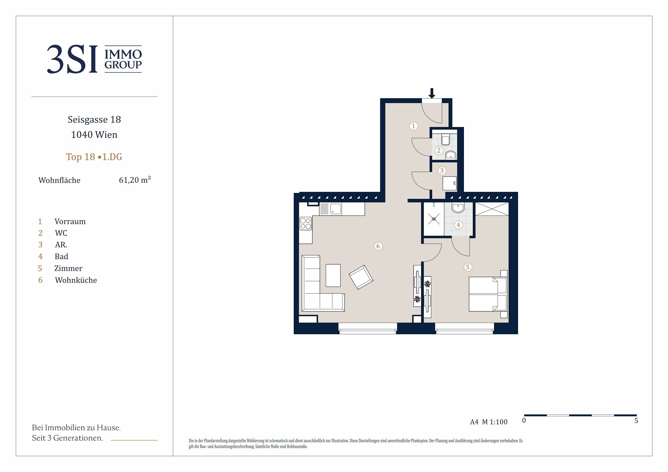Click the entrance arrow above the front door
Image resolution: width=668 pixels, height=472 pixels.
coord(432,93)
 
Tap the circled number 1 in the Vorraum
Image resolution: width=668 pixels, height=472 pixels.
coord(413,126)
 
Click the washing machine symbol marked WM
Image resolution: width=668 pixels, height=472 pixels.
coord(449,184)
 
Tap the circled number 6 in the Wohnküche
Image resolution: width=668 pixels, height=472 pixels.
coord(378,246)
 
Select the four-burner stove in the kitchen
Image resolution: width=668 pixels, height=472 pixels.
coord(306,223)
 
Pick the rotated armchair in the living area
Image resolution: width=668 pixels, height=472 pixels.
coord(361,277)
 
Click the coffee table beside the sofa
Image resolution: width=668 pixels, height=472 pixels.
coord(333,275)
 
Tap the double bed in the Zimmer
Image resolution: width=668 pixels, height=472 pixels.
coord(488,294)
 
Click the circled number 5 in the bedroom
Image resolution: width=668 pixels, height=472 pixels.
coord(467,267)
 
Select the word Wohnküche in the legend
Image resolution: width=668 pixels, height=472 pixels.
coord(76,280)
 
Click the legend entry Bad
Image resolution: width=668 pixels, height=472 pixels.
coord(61,256)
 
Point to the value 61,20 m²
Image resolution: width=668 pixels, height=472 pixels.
coord(135,180)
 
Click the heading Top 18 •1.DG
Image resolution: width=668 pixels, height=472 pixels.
coord(94,157)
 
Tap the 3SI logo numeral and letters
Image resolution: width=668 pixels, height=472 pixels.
coord(72,59)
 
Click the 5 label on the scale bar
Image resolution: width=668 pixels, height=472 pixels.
coord(636,421)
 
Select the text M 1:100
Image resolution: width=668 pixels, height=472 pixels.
coord(495,422)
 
